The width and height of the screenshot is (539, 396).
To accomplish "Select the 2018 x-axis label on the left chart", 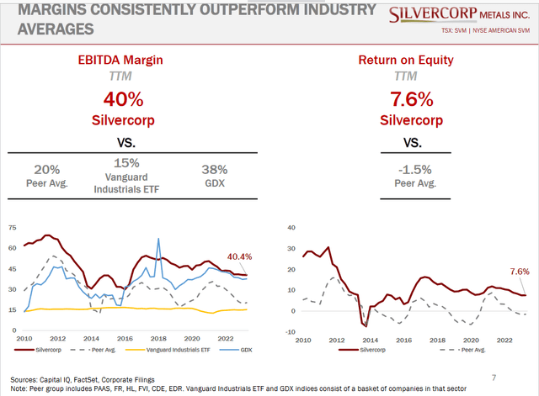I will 157,338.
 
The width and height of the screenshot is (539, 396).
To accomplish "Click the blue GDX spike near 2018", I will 158,240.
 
